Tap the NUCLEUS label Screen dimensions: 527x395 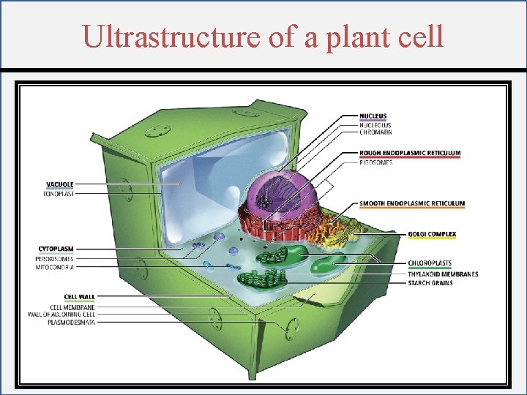373,116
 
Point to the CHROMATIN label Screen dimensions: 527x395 376,132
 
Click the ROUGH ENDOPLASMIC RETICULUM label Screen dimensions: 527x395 410,153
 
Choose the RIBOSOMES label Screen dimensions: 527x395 376,162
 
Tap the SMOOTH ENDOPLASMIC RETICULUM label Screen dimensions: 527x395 412,203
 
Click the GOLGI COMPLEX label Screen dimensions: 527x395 432,235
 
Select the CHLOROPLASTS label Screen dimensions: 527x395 430,263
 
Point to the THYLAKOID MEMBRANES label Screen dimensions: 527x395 443,274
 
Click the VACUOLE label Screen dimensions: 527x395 59,184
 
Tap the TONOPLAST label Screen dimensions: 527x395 59,193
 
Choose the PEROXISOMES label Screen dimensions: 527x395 55,259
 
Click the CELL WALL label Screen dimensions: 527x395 79,298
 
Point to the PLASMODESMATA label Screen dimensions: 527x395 71,322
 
